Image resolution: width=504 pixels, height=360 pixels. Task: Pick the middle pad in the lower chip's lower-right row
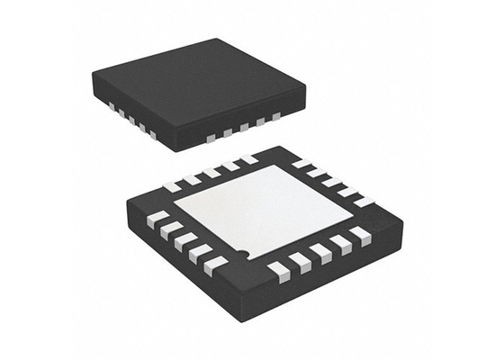(321, 253)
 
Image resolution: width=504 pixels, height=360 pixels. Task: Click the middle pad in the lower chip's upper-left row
(211, 172)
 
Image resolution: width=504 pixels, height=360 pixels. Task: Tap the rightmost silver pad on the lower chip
(364, 200)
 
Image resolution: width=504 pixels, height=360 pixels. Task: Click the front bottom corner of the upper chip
(181, 149)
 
